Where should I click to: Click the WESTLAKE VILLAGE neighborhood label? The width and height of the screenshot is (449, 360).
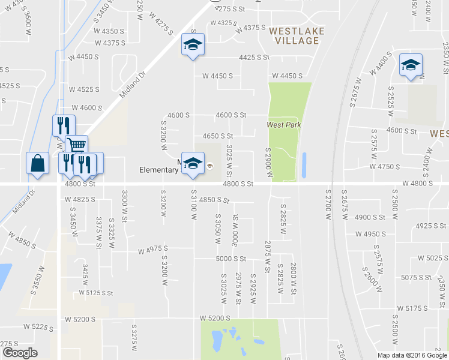coord(293,35)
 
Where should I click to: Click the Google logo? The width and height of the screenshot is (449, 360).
coord(20,353)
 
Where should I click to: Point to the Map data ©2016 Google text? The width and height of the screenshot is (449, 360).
coord(412,355)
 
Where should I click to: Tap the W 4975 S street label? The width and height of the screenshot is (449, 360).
coord(152,250)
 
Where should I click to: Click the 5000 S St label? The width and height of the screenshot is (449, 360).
coord(232,259)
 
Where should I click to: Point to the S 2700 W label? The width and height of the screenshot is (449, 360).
coord(328,204)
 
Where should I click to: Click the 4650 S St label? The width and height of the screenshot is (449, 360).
coord(217,137)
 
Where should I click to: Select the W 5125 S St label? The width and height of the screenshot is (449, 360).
coord(96,293)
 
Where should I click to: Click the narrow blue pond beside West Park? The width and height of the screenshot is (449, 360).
coord(304,165)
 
